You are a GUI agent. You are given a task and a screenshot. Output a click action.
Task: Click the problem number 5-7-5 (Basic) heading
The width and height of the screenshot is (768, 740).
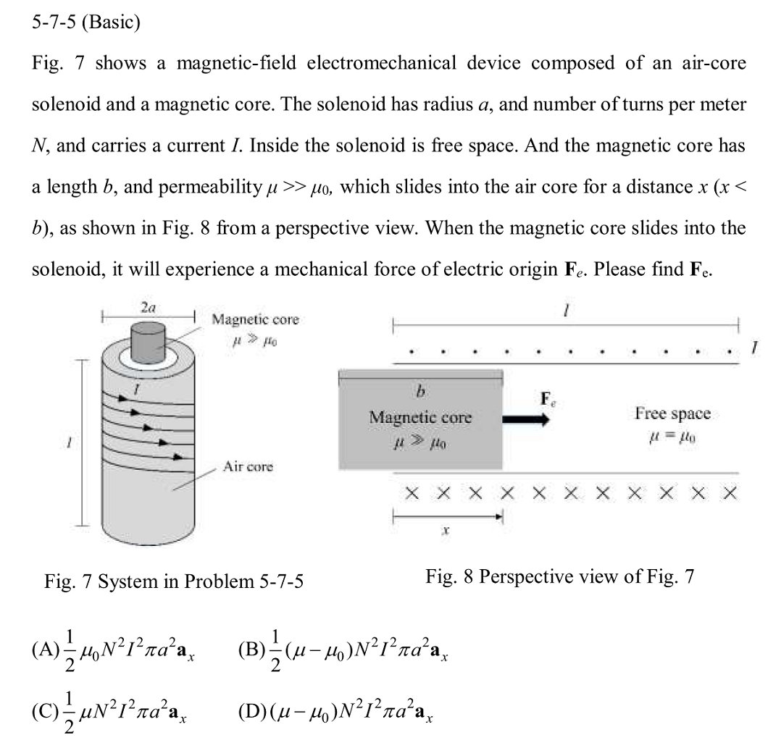(x=85, y=22)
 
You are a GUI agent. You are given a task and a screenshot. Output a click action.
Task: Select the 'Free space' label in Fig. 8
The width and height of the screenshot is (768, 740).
(x=672, y=413)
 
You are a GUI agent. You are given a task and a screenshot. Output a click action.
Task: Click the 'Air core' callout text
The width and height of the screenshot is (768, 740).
(x=248, y=466)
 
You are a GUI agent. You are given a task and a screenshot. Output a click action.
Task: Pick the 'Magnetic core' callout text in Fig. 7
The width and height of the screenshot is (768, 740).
(x=254, y=319)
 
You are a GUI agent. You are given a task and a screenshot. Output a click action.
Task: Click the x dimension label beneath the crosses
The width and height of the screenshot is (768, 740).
(x=446, y=531)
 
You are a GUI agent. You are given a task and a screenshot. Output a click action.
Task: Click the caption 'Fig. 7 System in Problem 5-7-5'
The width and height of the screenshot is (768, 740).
(x=174, y=581)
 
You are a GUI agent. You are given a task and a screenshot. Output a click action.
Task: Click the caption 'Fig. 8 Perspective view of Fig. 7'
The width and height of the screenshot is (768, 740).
(x=560, y=576)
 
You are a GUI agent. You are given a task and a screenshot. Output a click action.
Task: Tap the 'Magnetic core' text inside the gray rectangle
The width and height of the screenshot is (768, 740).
(x=420, y=418)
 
